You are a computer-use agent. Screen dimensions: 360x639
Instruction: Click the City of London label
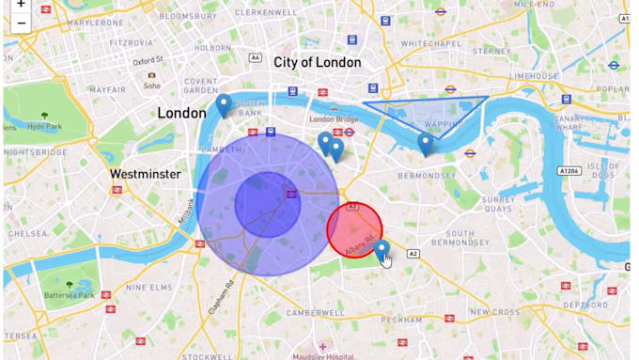tap(317, 63)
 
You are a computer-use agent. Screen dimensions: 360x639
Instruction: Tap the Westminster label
tap(145, 174)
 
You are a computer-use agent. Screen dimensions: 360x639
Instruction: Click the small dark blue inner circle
tap(267, 204)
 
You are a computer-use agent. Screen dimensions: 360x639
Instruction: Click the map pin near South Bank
tap(224, 104)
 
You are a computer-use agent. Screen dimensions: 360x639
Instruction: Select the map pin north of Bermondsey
tap(426, 143)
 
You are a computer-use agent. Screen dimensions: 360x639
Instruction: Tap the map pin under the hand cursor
tap(382, 249)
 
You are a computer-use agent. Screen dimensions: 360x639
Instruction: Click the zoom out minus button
tap(21, 23)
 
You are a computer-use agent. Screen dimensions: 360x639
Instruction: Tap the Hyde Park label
tap(44, 127)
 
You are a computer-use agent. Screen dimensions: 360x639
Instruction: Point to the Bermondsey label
tap(426, 175)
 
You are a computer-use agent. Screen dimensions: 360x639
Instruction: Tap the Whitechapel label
tap(429, 44)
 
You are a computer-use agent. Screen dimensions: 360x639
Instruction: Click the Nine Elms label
tap(148, 288)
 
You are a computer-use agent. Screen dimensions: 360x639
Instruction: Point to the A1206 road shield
tap(569, 171)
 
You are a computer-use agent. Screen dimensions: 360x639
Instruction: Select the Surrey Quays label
tap(498, 204)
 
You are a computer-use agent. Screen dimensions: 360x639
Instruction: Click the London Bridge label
tap(335, 119)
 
